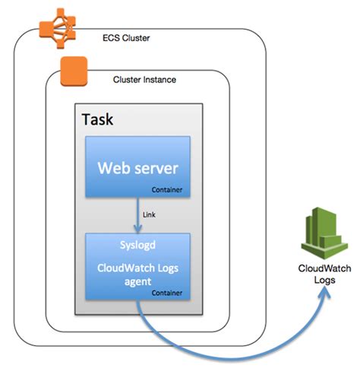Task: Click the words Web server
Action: [x=137, y=166]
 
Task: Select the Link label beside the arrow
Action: [x=149, y=215]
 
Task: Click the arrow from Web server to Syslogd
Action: [x=137, y=216]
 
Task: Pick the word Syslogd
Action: [x=137, y=245]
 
